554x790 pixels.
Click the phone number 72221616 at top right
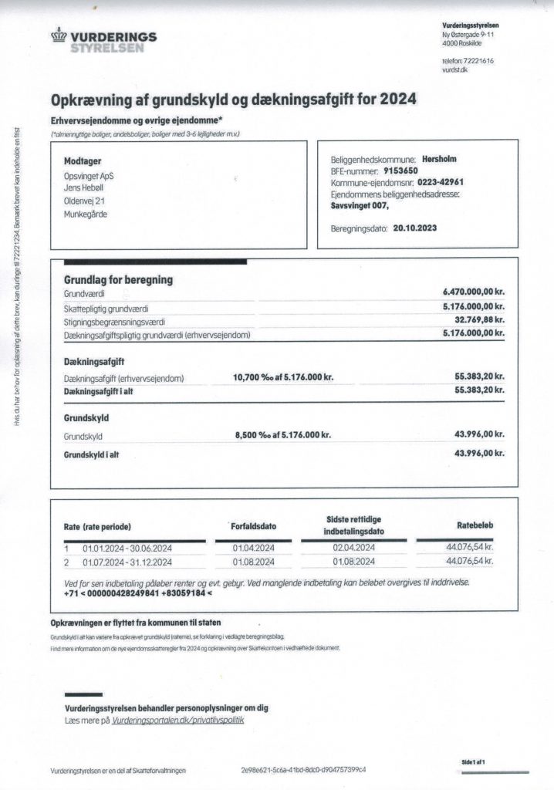[478, 60]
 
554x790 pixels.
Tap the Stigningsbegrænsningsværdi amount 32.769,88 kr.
[478, 320]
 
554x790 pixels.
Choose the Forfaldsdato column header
[254, 526]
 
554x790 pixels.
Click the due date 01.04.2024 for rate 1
[252, 548]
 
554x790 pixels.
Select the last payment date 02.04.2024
[353, 548]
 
